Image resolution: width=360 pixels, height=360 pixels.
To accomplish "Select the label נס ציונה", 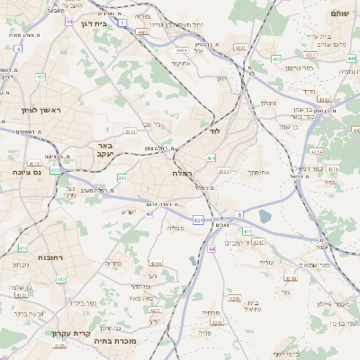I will click(24, 171).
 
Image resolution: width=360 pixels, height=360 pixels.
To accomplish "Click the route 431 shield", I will click(197, 219).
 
